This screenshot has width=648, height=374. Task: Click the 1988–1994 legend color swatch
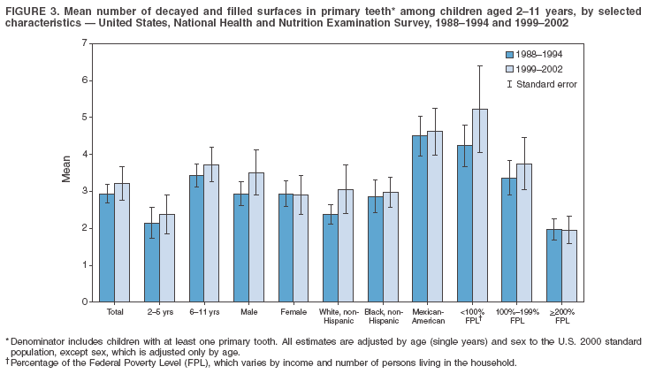point(510,55)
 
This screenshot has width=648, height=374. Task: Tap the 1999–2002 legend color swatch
point(510,68)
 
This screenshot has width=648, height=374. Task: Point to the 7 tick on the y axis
point(89,43)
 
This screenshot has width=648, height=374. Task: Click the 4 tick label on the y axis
point(83,154)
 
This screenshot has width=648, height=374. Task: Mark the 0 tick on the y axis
point(89,301)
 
